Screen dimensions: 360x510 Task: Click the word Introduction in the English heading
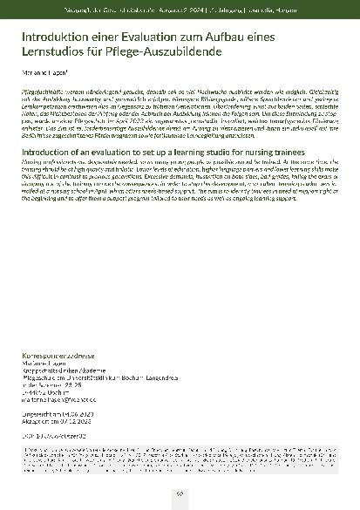51,152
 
